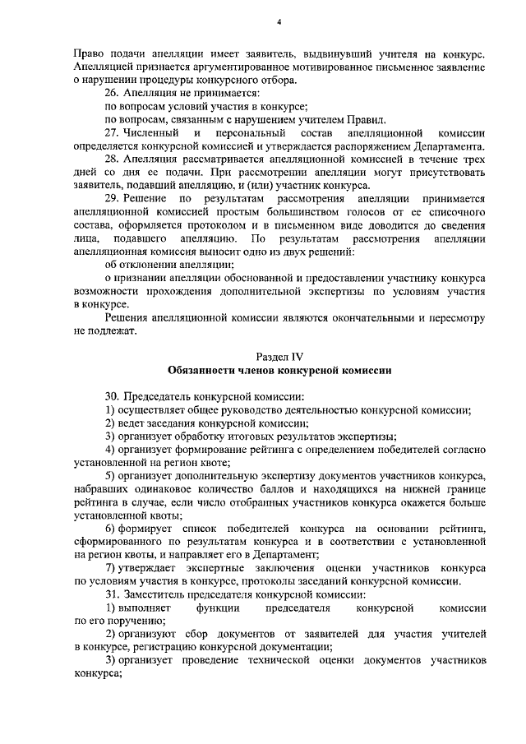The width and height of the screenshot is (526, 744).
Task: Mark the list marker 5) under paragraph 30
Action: tap(110, 476)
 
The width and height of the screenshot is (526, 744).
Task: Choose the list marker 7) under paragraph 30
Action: tap(110, 568)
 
